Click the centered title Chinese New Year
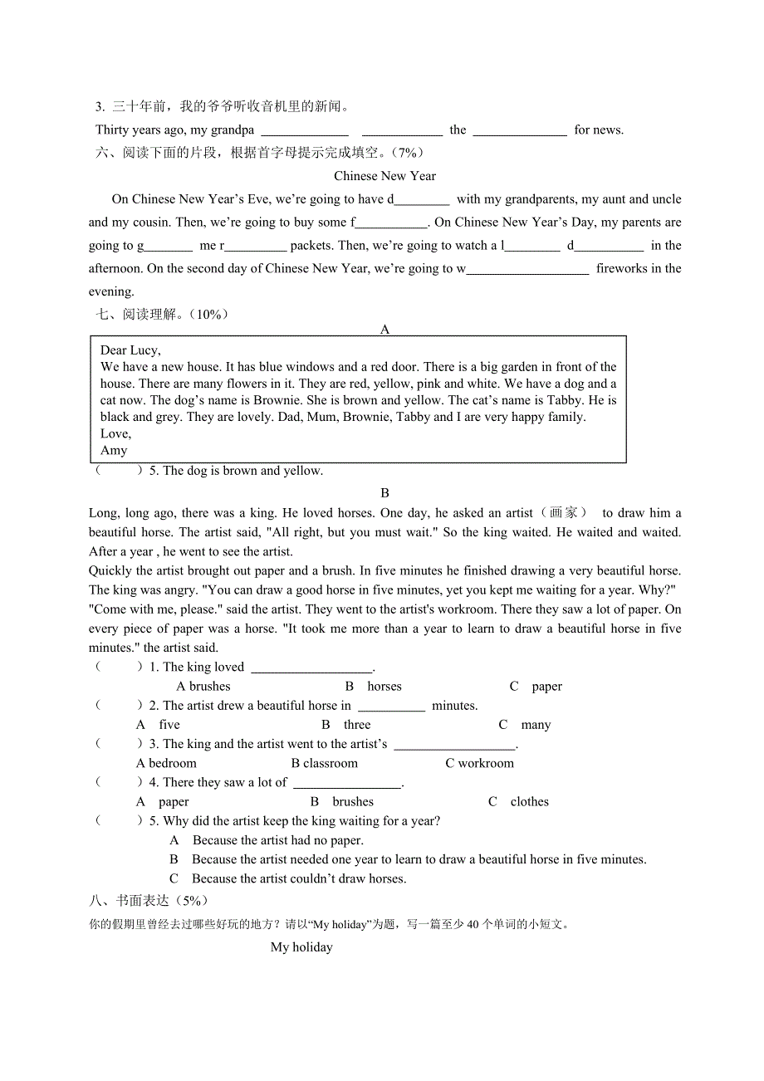pyautogui.click(x=384, y=176)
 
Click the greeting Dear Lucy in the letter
pyautogui.click(x=130, y=350)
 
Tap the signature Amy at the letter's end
pyautogui.click(x=114, y=450)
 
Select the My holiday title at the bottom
pyautogui.click(x=301, y=947)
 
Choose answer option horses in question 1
pyautogui.click(x=384, y=687)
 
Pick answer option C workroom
pyautogui.click(x=479, y=763)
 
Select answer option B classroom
pyautogui.click(x=324, y=763)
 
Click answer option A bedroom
pyautogui.click(x=166, y=763)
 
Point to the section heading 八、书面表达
pyautogui.click(x=149, y=901)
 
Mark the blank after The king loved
pyautogui.click(x=311, y=668)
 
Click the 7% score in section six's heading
pyautogui.click(x=408, y=153)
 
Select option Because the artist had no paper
pyautogui.click(x=277, y=840)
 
